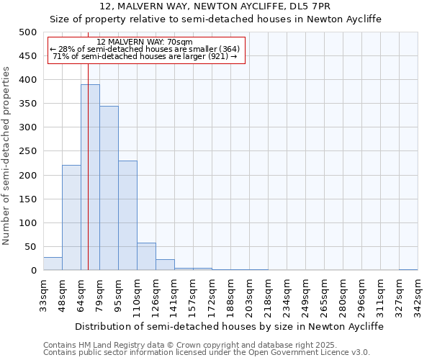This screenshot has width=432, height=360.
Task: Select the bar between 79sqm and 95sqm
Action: point(109,188)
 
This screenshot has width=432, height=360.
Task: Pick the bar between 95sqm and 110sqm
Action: point(127,215)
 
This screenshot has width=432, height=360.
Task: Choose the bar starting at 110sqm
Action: point(146,256)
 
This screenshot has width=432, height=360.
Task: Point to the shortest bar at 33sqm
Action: point(53,264)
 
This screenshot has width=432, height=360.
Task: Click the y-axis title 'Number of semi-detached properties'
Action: point(7,156)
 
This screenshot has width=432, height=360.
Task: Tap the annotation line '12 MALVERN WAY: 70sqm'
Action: point(144,42)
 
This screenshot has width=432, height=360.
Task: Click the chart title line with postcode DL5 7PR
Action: point(216,7)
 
